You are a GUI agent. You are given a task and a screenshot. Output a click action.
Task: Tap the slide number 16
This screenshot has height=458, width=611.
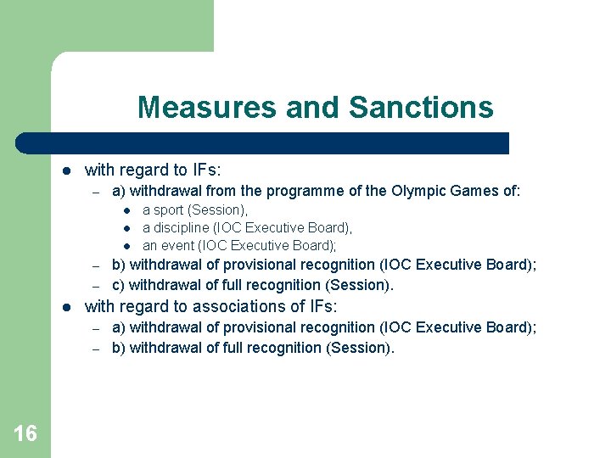[25, 434]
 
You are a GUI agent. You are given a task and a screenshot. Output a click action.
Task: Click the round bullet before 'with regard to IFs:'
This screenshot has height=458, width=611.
[69, 170]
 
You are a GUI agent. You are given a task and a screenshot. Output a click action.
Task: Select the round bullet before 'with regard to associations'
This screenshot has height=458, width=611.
[69, 307]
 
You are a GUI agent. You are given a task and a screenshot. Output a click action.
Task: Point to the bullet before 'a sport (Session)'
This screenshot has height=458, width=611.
[125, 210]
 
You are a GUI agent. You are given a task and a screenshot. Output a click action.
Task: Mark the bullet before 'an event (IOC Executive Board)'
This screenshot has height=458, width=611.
[125, 246]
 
